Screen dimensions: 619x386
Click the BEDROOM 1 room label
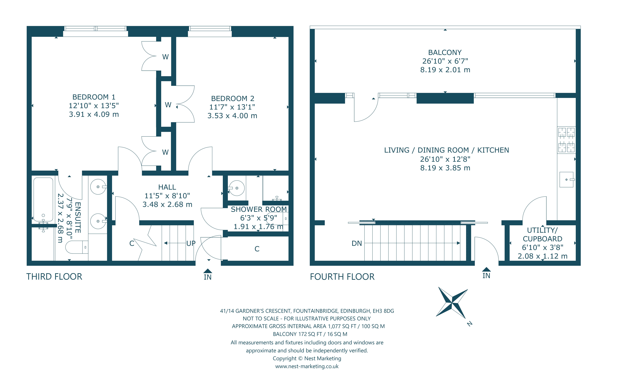pos(94,97)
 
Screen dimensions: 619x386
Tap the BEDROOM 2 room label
pos(233,99)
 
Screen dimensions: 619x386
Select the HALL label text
pos(167,187)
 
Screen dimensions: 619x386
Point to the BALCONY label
pos(445,53)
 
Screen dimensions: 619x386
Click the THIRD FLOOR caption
pos(54,277)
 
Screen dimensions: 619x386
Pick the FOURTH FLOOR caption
pos(342,277)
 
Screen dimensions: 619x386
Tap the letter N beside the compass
pos(469,324)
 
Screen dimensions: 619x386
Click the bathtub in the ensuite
pos(43,199)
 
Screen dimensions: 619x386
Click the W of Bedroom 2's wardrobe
pos(168,105)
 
